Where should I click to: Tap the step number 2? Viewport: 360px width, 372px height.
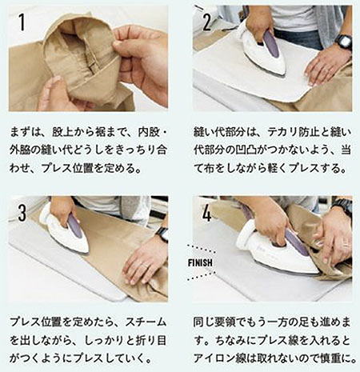click(207, 22)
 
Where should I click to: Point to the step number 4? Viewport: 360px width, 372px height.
click(207, 214)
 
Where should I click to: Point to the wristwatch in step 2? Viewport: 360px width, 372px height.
click(342, 42)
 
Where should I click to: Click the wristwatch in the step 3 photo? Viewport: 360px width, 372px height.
click(162, 234)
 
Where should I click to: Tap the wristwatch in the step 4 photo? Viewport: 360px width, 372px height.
click(343, 207)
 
